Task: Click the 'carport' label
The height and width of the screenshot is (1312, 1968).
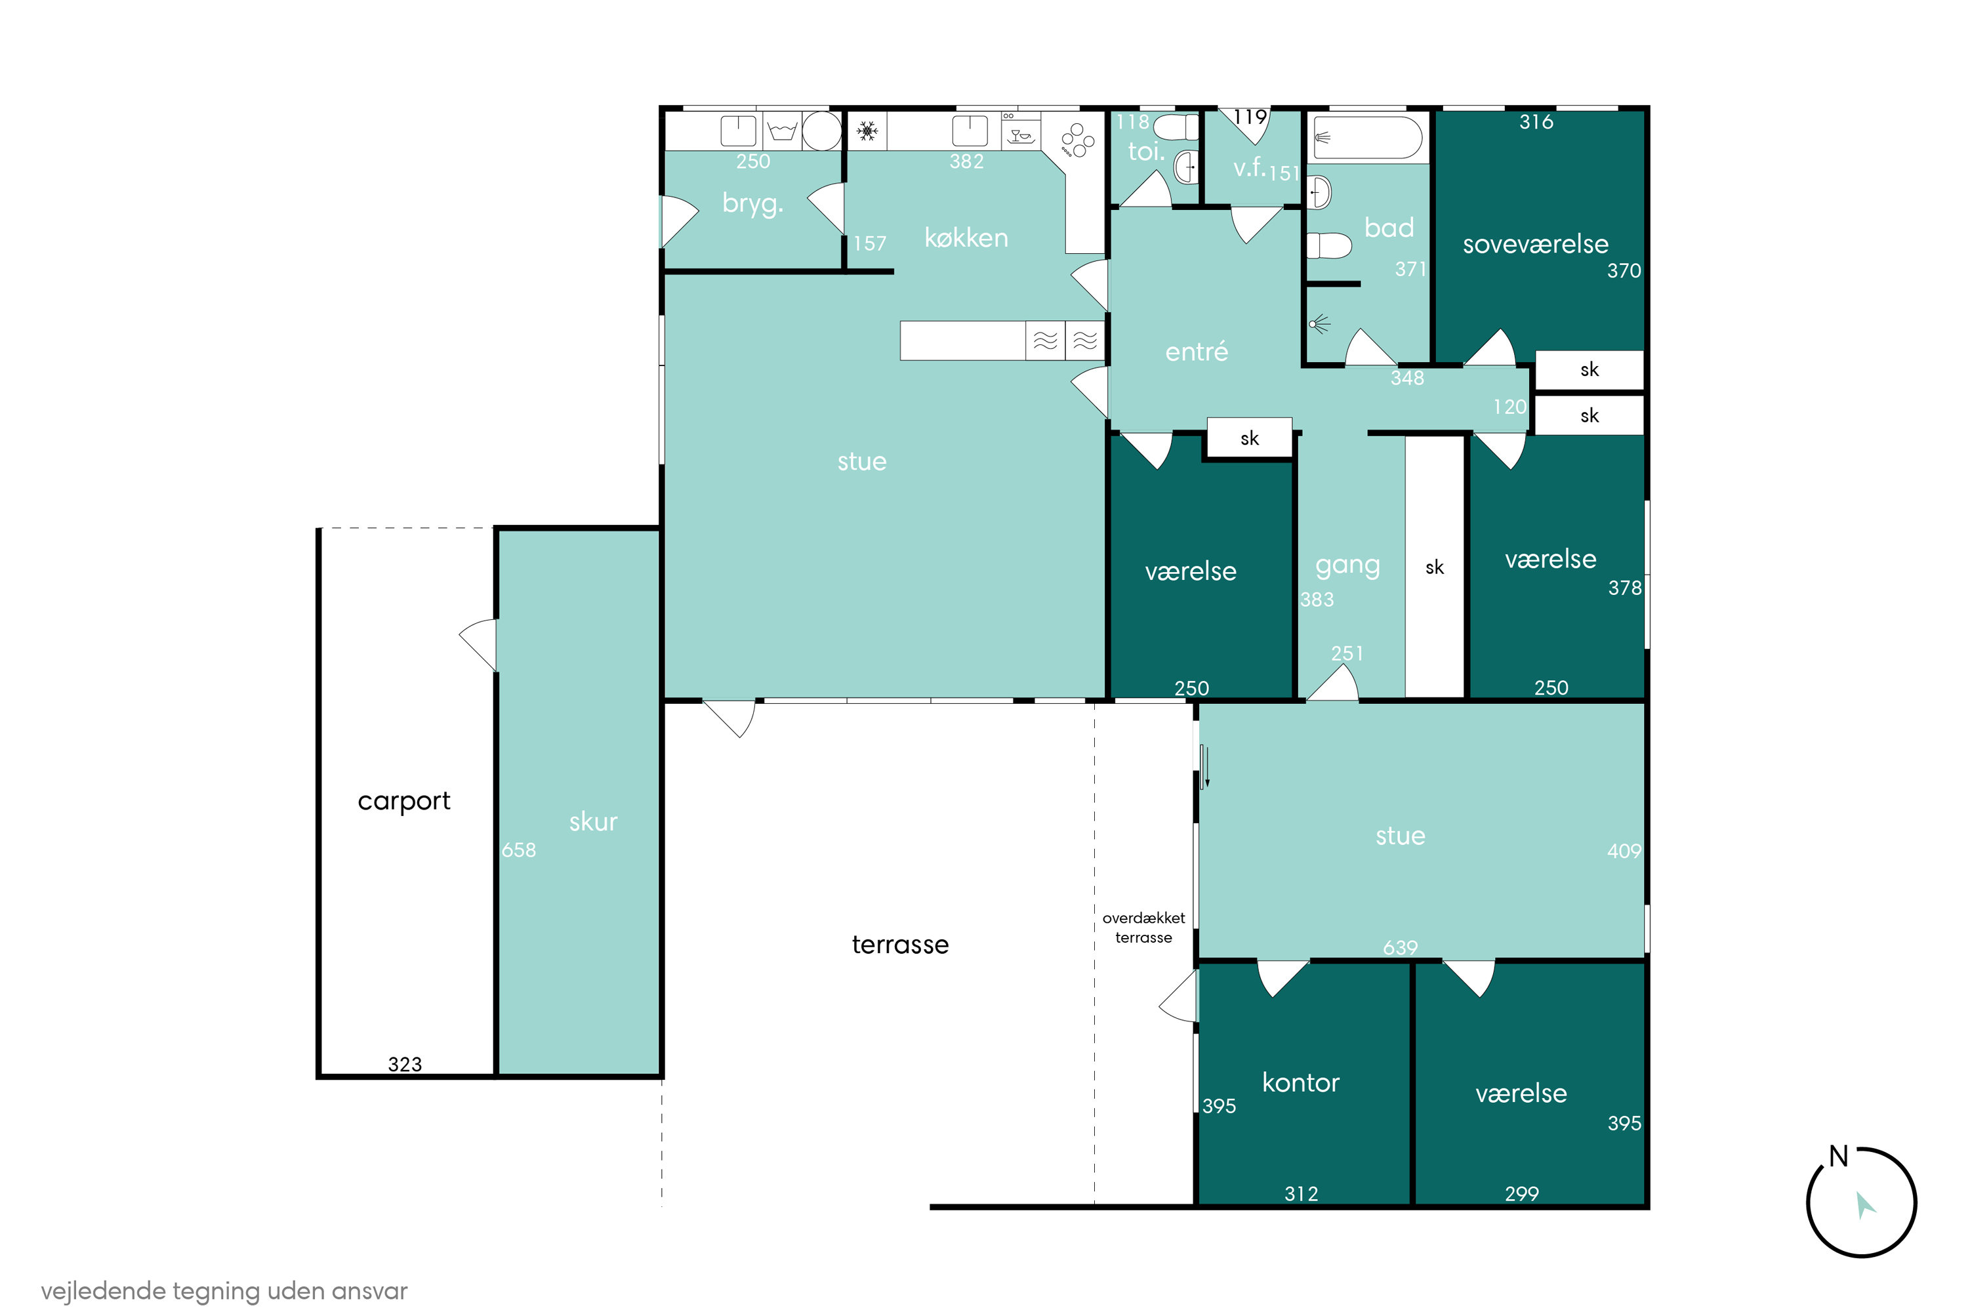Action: pos(403,802)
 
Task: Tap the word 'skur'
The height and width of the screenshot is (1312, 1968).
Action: pos(593,822)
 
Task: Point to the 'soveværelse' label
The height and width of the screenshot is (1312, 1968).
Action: pos(1536,243)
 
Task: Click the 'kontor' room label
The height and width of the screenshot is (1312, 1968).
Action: pos(1300,1083)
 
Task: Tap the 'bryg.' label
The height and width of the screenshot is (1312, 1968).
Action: pos(753,203)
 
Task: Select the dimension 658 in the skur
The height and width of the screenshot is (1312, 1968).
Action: pos(519,850)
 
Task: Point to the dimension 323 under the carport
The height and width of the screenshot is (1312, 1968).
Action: pos(405,1064)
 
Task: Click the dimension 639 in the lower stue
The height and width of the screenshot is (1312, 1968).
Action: pos(1400,947)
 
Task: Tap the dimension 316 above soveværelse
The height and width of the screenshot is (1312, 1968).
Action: pos(1536,122)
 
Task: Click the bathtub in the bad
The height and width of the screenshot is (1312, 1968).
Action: pos(1366,137)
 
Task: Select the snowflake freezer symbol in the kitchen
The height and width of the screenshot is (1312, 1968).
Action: pos(867,131)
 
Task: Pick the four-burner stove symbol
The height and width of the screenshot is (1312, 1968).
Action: pos(1076,140)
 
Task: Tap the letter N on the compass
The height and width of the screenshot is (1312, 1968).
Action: pos(1837,1157)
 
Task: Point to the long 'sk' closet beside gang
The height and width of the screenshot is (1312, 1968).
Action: pos(1434,567)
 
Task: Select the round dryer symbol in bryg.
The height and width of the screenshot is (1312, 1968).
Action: pos(822,131)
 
